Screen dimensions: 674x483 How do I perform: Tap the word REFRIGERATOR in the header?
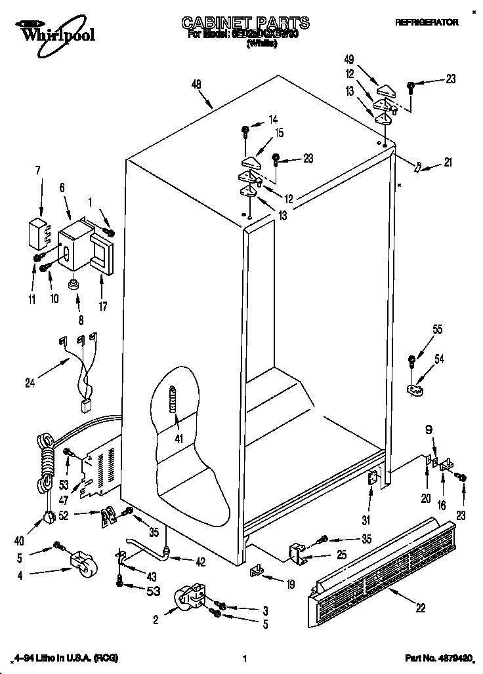(426, 22)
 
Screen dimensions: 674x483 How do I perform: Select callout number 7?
(37, 171)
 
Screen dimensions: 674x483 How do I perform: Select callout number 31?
(366, 521)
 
